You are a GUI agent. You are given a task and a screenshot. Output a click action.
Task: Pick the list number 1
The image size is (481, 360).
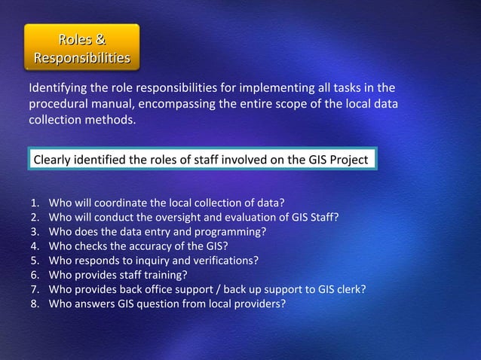[35, 203]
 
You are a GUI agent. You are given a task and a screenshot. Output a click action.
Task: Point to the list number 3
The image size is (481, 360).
[35, 231]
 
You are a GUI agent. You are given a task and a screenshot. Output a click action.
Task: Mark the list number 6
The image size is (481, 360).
[35, 274]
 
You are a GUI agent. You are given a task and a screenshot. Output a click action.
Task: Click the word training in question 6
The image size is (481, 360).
[166, 274]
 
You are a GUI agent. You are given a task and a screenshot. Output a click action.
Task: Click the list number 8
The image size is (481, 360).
[35, 304]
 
